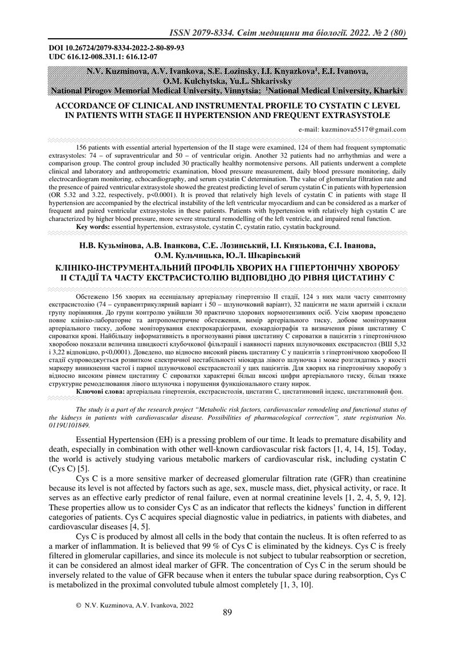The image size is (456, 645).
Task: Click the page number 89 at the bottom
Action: [x=227, y=613]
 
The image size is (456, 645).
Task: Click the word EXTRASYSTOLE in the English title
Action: [x=354, y=115]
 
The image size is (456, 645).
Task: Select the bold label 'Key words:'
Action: [x=93, y=227]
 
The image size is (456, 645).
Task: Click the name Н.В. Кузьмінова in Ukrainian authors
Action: [x=107, y=246]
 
